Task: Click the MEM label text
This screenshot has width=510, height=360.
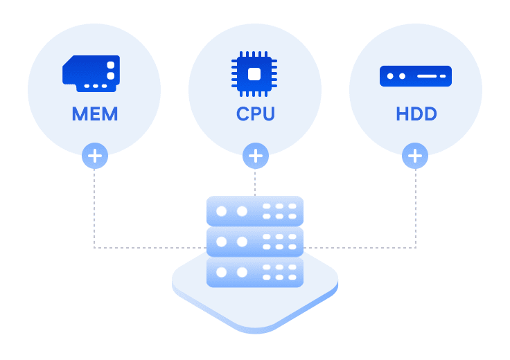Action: click(95, 114)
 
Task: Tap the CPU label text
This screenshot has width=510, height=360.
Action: click(255, 114)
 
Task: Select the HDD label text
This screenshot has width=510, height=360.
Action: click(416, 114)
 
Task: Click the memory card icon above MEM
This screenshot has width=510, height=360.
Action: click(91, 74)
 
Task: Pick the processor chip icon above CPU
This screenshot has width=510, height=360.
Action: click(254, 74)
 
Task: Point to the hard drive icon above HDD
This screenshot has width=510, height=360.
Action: click(416, 76)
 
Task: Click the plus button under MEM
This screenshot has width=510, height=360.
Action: click(95, 156)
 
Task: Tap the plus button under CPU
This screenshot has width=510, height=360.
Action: click(255, 156)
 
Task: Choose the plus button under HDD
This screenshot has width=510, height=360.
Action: click(415, 156)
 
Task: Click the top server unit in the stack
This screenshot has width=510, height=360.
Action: click(255, 211)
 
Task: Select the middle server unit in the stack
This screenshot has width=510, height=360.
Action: click(255, 242)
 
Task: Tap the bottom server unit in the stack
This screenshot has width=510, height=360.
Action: click(255, 272)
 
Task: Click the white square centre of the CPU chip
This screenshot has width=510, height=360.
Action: click(254, 74)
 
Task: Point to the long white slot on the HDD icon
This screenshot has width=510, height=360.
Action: click(427, 76)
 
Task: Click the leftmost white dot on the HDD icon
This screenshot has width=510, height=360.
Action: click(390, 76)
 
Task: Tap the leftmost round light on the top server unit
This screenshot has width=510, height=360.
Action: click(222, 211)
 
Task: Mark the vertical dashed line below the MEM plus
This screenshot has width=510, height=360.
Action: click(94, 208)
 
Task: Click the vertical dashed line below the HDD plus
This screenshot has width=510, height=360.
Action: click(415, 208)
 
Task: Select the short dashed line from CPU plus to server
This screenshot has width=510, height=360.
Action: click(255, 183)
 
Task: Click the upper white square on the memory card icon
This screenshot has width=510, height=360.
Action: click(111, 65)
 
